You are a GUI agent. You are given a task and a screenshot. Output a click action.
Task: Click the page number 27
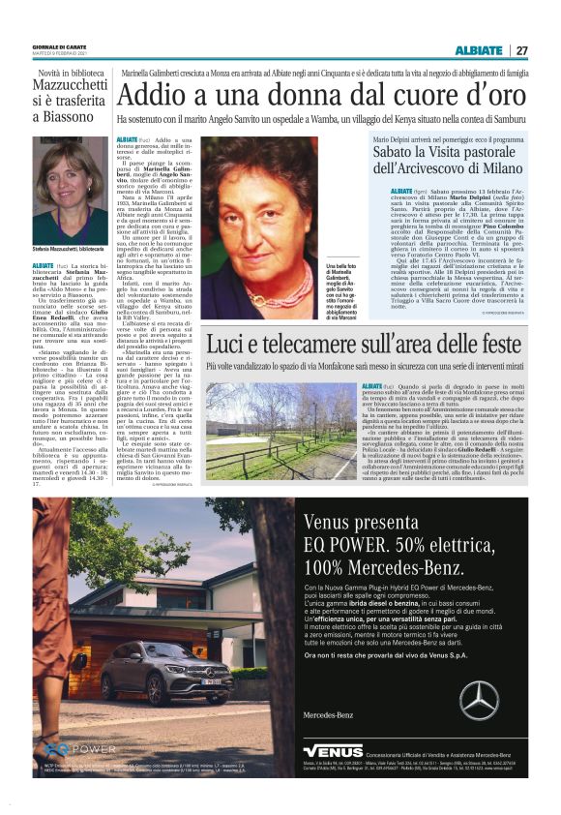pos(521,50)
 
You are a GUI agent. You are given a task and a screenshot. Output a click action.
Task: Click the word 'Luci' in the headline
pos(229,347)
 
